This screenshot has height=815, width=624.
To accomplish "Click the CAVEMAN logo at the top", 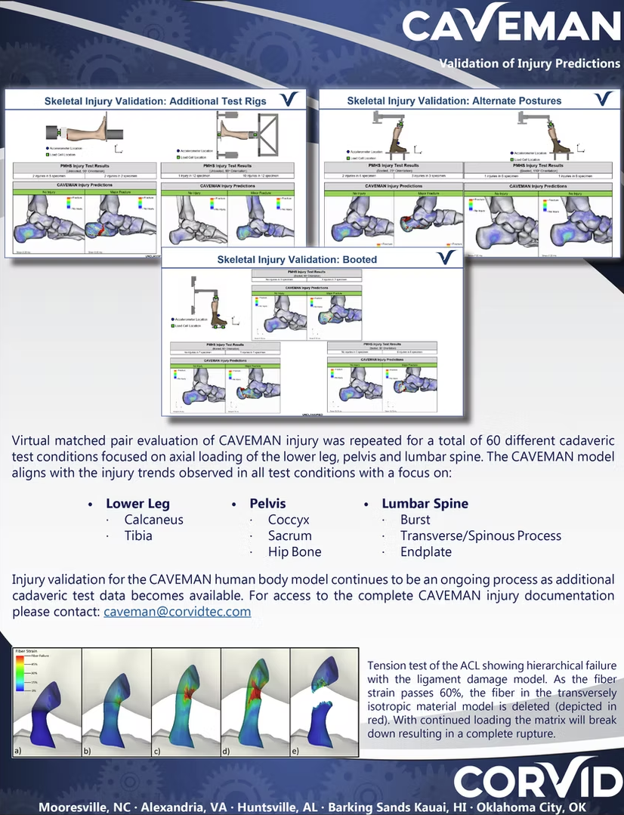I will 511,24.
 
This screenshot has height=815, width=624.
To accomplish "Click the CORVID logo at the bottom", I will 537,779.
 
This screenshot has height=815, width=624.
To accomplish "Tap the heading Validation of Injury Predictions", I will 530,63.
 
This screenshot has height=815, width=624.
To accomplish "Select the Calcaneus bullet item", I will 153,520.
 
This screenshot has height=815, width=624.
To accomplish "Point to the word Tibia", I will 138,536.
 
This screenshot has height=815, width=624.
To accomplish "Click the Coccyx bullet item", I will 288,520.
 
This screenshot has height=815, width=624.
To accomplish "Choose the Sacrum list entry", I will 289,536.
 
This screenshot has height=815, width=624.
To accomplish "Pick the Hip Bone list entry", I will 295,551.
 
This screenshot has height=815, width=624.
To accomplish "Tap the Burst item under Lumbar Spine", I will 415,520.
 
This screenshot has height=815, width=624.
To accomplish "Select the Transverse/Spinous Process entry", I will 480,536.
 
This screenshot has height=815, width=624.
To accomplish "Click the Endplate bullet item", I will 425,551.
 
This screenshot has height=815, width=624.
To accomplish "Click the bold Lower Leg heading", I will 137,503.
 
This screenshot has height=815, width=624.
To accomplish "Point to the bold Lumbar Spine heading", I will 425,503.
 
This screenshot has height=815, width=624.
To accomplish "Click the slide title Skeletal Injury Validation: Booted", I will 297,259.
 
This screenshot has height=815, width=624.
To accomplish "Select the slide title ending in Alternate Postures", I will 453,100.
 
